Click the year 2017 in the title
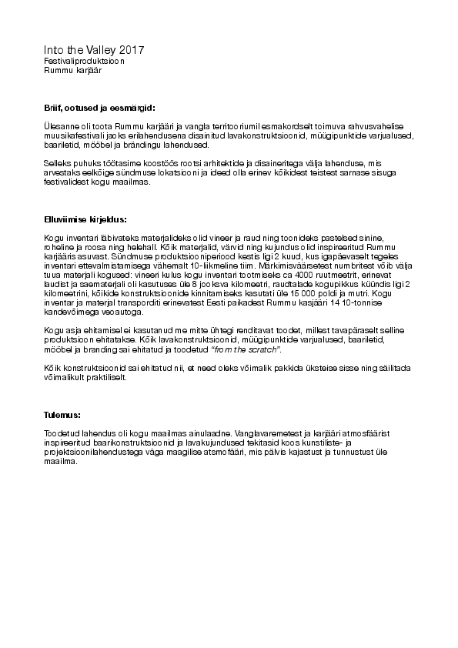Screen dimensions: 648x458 [129, 49]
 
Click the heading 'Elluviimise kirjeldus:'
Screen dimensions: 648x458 [85, 219]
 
